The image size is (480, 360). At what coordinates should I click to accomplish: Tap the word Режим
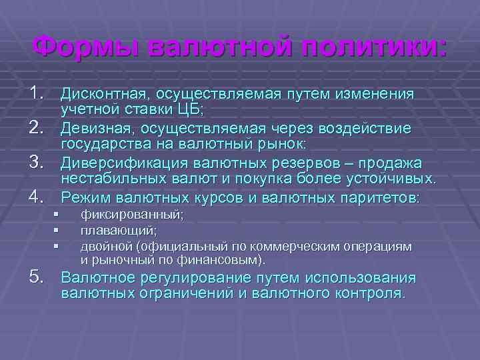pos(86,197)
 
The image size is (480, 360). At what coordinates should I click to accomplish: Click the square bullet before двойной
pos(58,246)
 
